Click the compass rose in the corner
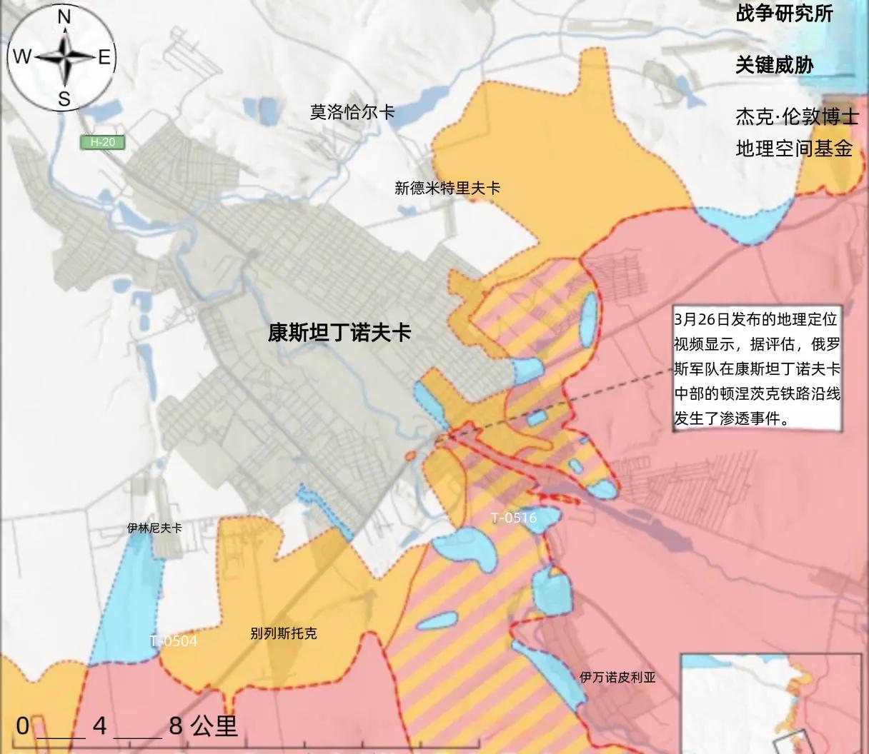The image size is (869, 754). pyautogui.click(x=64, y=56)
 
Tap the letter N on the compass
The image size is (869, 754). pyautogui.click(x=64, y=16)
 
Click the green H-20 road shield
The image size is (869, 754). pyautogui.click(x=103, y=142)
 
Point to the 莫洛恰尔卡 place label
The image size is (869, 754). pyautogui.click(x=352, y=112)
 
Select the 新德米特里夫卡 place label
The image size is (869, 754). pyautogui.click(x=447, y=188)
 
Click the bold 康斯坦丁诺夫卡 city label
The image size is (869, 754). pyautogui.click(x=339, y=332)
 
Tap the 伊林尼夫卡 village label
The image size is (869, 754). pyautogui.click(x=154, y=528)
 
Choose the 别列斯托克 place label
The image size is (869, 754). pyautogui.click(x=284, y=633)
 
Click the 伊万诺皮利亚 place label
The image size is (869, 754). pyautogui.click(x=617, y=677)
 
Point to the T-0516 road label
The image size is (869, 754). pyautogui.click(x=514, y=518)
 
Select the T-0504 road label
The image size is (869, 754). pyautogui.click(x=174, y=641)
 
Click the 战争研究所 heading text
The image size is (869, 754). pyautogui.click(x=785, y=14)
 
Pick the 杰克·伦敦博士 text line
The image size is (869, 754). pyautogui.click(x=796, y=116)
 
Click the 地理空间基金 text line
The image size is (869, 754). pyautogui.click(x=794, y=149)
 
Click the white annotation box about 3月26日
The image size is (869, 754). pyautogui.click(x=758, y=368)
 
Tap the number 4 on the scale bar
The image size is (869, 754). pyautogui.click(x=99, y=726)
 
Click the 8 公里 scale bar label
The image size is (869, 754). pyautogui.click(x=203, y=726)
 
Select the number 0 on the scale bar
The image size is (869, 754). pyautogui.click(x=23, y=726)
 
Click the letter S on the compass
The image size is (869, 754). pyautogui.click(x=64, y=99)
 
